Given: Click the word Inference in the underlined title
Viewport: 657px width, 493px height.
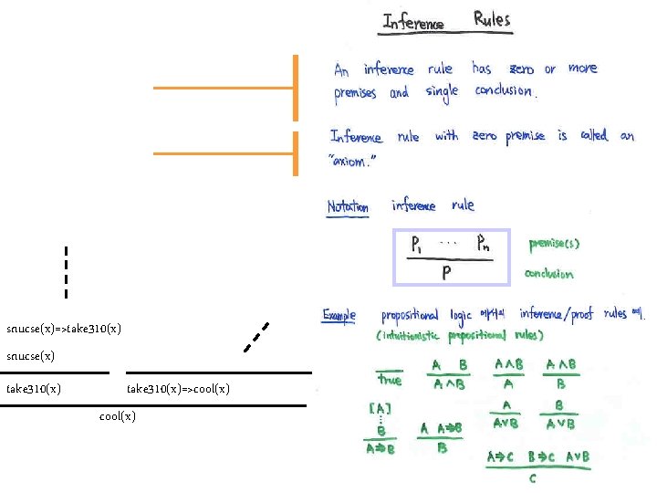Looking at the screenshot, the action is point(413,22).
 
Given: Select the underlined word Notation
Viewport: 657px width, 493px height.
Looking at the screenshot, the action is point(349,207).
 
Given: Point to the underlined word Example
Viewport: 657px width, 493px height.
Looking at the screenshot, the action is point(339,315).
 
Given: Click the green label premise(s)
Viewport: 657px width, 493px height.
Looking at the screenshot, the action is point(554,244).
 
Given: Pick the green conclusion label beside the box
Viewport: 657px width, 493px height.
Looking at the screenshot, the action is point(549,274).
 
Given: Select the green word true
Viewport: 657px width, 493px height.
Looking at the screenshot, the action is point(389,380).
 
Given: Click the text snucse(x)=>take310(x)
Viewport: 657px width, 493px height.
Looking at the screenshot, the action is point(64,328).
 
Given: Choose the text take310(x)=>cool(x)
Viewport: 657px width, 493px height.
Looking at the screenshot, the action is point(178,389).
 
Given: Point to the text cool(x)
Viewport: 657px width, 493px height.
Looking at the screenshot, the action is point(117,416).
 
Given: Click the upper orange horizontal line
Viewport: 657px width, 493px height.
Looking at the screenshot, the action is point(224,88).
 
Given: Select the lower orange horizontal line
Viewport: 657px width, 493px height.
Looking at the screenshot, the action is point(224,153).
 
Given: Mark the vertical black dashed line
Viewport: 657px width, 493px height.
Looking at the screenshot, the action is point(66,272).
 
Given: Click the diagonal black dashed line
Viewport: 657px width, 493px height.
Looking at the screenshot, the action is point(255,337).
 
